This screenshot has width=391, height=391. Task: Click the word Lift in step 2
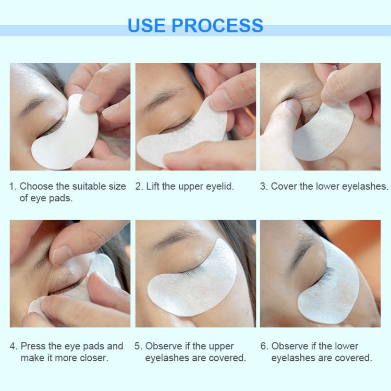154,186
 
